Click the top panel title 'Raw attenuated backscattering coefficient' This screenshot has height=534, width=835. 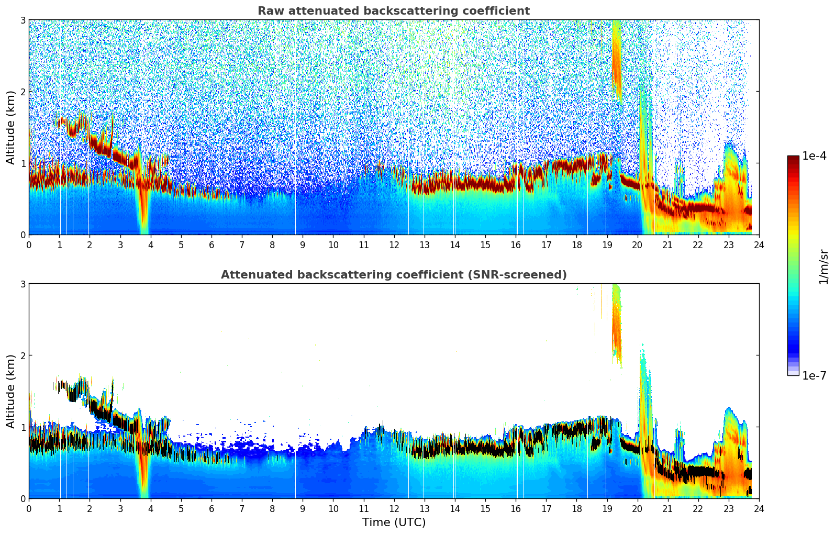(x=393, y=11)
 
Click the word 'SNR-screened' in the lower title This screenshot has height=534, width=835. (x=529, y=275)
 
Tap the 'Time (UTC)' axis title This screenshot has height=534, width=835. (x=394, y=522)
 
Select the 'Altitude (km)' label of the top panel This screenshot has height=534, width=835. (x=10, y=127)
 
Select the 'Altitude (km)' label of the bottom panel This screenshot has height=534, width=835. (x=10, y=391)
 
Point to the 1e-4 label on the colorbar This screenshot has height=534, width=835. (x=814, y=156)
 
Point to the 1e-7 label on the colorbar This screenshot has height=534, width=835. (x=814, y=375)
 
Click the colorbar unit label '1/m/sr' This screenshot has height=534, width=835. (x=823, y=266)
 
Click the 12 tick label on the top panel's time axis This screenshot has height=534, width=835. (x=394, y=244)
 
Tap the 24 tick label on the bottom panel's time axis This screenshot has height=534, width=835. (x=759, y=508)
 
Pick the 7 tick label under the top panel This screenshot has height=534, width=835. (x=242, y=244)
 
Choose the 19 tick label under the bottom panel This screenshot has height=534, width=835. (x=606, y=508)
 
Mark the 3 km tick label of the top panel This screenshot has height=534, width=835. (x=23, y=20)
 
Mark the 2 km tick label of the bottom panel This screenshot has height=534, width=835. (x=23, y=355)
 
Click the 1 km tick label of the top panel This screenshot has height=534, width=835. (x=23, y=163)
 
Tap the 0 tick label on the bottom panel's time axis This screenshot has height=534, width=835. (x=29, y=508)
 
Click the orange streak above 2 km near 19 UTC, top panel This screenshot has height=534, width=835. (x=616, y=58)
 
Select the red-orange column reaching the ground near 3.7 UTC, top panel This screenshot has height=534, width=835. (x=143, y=209)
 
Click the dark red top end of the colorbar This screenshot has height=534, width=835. (x=793, y=159)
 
